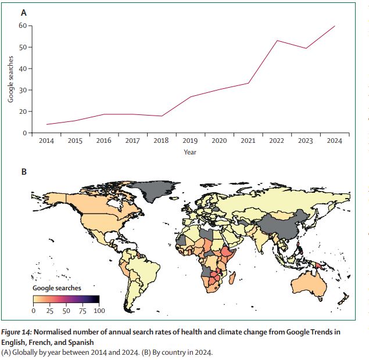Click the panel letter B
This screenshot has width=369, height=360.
pyautogui.click(x=24, y=171)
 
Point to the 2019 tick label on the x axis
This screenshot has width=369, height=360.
pyautogui.click(x=190, y=141)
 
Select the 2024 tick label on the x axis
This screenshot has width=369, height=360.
pyautogui.click(x=334, y=141)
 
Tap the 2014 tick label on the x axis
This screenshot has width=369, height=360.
pyautogui.click(x=46, y=141)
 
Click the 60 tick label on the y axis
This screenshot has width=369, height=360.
pyautogui.click(x=22, y=26)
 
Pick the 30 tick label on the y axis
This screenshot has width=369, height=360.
pyautogui.click(x=22, y=90)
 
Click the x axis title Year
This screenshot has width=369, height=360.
pyautogui.click(x=190, y=152)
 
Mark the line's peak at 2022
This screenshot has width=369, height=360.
pyautogui.click(x=277, y=41)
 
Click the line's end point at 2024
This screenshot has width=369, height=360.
pyautogui.click(x=334, y=26)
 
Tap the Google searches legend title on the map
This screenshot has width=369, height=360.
pyautogui.click(x=57, y=288)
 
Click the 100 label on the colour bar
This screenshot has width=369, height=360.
pyautogui.click(x=99, y=311)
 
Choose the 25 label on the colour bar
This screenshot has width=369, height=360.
pyautogui.click(x=49, y=311)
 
